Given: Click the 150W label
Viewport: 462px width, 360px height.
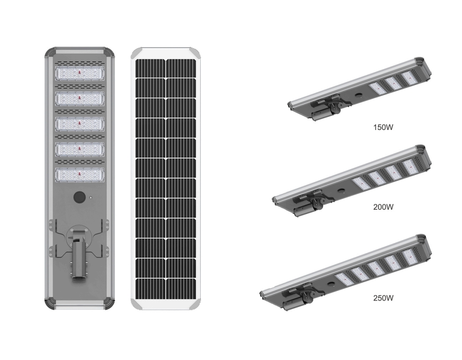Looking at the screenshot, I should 384,128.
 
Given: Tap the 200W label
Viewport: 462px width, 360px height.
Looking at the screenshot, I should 384,207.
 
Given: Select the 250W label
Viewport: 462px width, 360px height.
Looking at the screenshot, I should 384,298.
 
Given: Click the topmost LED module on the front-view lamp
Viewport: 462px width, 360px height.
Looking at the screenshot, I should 80,73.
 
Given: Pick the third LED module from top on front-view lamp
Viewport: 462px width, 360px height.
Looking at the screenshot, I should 80,124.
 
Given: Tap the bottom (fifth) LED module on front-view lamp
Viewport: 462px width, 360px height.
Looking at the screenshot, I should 80,175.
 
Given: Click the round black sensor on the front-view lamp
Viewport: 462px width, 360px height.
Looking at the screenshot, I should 79,197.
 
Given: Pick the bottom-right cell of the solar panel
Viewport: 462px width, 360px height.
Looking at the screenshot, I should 181,288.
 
